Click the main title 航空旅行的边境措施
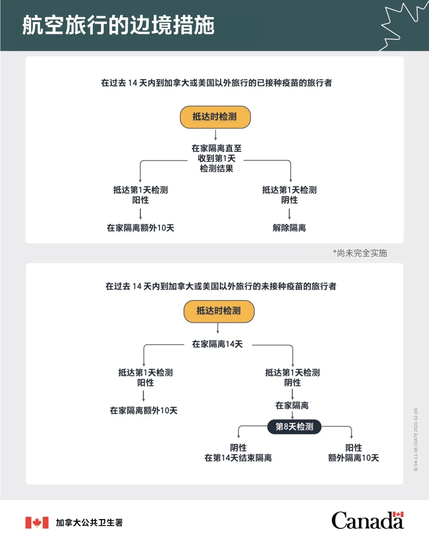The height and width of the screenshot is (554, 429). pos(118,25)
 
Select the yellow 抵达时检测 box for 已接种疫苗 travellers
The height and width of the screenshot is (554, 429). pos(215,117)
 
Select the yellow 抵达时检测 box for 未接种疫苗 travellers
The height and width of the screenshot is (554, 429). pos(218,311)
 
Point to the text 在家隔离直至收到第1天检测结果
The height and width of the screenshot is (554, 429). pos(216,158)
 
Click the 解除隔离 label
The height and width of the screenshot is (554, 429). pos(289,228)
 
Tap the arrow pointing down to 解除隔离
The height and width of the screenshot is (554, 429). pos(289,214)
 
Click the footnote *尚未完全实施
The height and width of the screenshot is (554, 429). pos(360,253)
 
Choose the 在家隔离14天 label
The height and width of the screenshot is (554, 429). pos(217,344)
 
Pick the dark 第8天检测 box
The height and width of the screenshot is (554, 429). pos(294,427)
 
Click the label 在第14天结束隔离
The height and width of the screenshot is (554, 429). pos(238,458)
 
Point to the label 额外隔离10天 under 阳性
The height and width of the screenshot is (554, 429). pos(353,458)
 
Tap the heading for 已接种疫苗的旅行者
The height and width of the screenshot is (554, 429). pos(216,83)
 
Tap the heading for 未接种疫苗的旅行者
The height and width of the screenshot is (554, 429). pos(221,286)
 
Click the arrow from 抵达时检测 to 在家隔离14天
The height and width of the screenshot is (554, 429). pos(218,328)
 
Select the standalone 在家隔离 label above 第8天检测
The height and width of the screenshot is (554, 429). pos(292,406)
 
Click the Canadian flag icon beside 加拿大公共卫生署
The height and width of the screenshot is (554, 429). pos(37,523)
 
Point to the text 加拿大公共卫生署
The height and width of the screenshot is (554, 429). pos(89,523)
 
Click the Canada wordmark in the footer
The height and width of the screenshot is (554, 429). pos(367,521)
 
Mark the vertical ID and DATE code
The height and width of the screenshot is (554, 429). pos(415,439)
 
